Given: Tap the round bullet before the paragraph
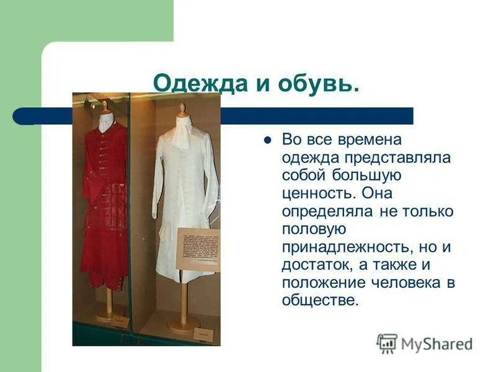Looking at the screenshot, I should click(268, 140).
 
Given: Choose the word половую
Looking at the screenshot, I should click(313, 230).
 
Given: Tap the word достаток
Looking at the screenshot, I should click(315, 266).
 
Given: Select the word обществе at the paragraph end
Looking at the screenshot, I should click(319, 302).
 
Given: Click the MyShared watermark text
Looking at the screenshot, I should click(436, 345).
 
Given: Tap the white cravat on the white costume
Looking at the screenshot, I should click(182, 133).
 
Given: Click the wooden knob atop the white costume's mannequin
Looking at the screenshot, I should click(182, 108).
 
